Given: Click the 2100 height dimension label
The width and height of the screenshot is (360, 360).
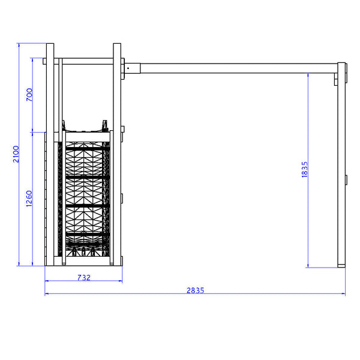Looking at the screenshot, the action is (16, 154).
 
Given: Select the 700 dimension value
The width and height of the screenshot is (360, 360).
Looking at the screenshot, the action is (29, 95).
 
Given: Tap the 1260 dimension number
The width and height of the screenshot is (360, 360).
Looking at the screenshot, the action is (29, 199).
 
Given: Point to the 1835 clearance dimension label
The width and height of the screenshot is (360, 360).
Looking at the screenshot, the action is (304, 169).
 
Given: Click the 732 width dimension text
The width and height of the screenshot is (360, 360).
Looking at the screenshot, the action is (84, 278).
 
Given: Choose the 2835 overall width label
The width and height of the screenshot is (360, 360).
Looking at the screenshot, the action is (195, 290).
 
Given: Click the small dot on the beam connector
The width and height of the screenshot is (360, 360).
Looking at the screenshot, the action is (128, 68).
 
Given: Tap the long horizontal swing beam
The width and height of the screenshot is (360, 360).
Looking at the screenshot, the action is (239, 68).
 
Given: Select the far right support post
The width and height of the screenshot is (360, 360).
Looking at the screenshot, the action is (341, 165).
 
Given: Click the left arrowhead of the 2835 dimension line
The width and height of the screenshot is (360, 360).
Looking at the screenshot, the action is (46, 293).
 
